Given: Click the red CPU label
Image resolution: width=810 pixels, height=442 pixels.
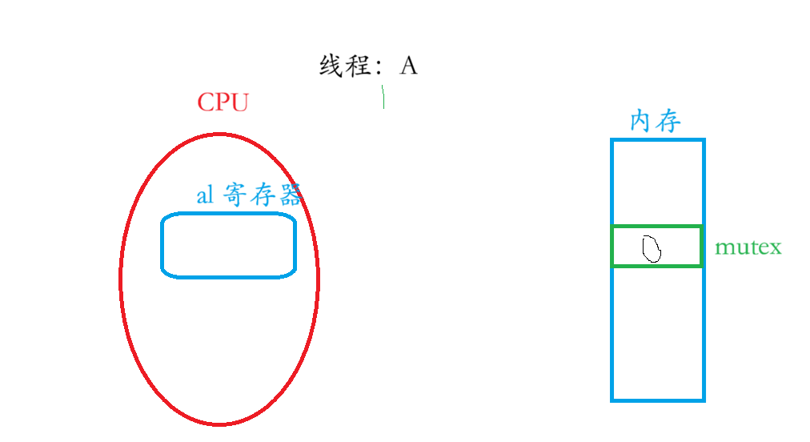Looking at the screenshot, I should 223,102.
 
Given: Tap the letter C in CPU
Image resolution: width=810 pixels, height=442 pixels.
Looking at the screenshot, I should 206,102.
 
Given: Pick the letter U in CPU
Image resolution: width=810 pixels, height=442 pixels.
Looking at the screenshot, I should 240,102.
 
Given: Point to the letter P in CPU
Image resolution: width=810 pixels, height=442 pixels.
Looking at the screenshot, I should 223,102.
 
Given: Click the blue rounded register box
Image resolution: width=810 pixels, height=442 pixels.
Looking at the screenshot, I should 229,245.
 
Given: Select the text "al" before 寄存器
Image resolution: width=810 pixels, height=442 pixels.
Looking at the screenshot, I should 206,195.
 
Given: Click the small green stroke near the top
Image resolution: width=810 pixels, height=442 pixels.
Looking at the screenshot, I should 384,97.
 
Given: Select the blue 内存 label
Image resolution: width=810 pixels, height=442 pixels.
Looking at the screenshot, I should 656,122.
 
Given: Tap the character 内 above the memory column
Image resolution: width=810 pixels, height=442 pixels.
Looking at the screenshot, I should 642,122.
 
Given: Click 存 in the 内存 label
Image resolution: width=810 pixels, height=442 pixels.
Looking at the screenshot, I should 668,122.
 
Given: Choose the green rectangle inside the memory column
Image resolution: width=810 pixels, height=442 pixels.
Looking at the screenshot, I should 657,247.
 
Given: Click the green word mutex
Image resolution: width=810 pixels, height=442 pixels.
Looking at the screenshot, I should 748,247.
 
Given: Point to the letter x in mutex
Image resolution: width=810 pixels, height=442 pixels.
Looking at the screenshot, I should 775,248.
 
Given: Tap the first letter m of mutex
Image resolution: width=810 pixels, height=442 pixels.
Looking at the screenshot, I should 722,248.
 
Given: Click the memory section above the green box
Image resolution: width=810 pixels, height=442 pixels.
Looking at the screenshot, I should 657,183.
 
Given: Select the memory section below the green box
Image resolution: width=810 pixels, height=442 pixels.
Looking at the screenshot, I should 657,331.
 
